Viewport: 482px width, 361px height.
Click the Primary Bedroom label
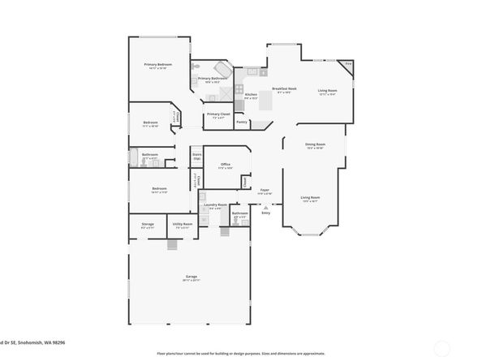[157, 64]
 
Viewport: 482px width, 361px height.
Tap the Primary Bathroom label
[208, 80]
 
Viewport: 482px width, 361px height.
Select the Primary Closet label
[217, 114]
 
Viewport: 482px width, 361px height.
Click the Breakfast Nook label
[284, 89]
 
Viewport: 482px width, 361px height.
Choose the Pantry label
[242, 121]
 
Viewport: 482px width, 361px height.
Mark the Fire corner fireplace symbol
[348, 64]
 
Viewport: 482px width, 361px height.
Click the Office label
[226, 165]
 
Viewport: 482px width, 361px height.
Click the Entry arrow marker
[265, 210]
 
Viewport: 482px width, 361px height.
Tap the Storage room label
[148, 225]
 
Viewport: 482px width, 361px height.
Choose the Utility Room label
[181, 225]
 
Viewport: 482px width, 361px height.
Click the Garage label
[192, 277]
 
